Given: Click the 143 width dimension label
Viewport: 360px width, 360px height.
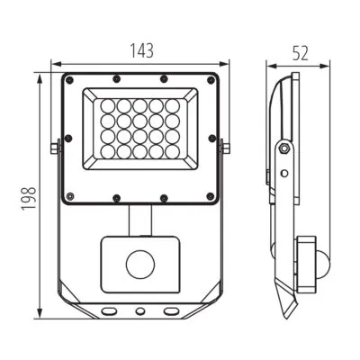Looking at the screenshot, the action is click(x=141, y=50).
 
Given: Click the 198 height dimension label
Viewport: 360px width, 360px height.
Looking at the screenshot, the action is click(x=29, y=198).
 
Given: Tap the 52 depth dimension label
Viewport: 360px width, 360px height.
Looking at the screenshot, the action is click(x=301, y=54).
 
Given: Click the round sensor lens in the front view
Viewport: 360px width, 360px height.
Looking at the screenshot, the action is click(x=140, y=265).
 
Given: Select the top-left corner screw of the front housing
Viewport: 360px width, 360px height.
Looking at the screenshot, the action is click(x=69, y=80).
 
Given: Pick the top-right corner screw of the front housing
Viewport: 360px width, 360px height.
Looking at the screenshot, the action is click(x=211, y=80).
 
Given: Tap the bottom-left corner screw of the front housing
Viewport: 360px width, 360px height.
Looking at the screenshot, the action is click(x=69, y=196).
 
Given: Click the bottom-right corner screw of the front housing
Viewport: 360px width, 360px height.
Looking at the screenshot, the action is click(x=211, y=196).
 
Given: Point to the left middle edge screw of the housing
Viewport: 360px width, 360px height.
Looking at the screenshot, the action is click(x=68, y=139).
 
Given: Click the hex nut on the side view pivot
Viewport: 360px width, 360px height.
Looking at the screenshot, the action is click(x=283, y=148).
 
